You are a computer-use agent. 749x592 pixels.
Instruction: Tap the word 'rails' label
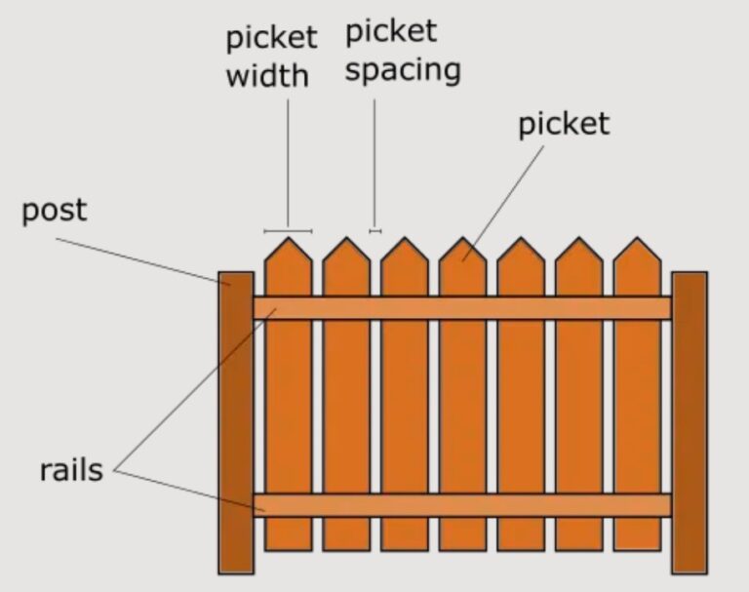click(71, 470)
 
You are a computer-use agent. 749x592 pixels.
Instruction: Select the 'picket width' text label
click(271, 57)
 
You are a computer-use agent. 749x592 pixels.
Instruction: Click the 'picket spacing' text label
click(403, 52)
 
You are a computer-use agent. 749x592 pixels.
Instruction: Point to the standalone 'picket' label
click(563, 124)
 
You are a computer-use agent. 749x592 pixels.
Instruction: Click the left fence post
click(235, 421)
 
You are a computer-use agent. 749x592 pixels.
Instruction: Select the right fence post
click(689, 421)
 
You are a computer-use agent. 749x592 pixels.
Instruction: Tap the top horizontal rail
click(461, 307)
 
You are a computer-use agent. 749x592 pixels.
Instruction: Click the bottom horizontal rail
click(461, 505)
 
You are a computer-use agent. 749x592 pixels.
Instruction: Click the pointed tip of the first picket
click(288, 244)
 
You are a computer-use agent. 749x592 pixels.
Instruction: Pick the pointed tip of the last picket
click(637, 244)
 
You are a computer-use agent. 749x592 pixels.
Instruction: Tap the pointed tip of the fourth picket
click(462, 244)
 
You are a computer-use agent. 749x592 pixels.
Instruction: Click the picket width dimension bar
click(288, 231)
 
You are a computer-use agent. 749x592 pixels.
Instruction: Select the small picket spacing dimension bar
click(374, 231)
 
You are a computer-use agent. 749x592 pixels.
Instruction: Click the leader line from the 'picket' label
click(507, 200)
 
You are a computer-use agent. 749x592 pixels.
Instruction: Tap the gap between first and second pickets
click(317, 410)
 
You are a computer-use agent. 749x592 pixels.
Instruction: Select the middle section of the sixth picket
click(578, 410)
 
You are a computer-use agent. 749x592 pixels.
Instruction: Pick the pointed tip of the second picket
click(346, 244)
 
